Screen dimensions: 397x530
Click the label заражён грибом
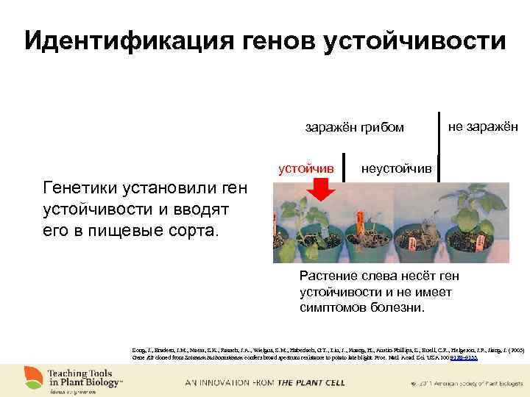click(355, 128)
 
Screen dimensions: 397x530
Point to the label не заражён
click(483, 126)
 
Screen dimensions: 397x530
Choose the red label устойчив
click(305, 169)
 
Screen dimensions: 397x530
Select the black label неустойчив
click(397, 169)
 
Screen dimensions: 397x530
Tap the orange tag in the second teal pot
click(360, 218)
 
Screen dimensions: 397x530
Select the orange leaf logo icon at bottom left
click(32, 376)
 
